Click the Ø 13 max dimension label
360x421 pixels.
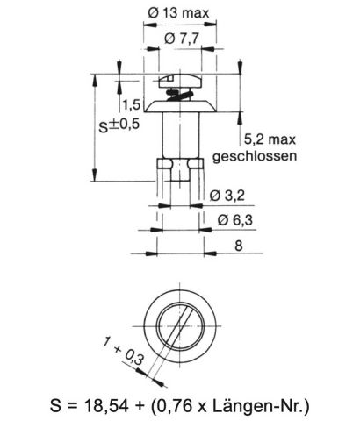pyautogui.click(x=178, y=13)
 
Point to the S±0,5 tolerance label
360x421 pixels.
pyautogui.click(x=118, y=125)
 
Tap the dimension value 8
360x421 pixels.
pyautogui.click(x=238, y=246)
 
